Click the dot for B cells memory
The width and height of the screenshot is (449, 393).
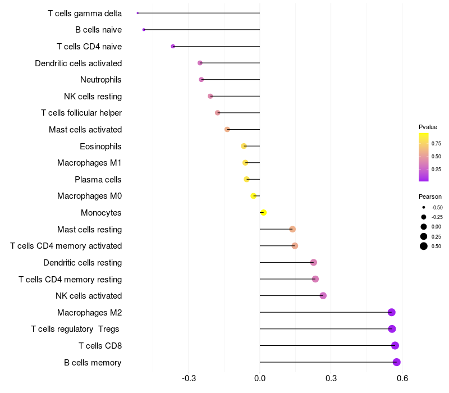pyautogui.click(x=397, y=362)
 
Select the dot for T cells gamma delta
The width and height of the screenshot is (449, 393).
pyautogui.click(x=138, y=13)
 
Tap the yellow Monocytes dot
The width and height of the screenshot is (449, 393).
pyautogui.click(x=264, y=212)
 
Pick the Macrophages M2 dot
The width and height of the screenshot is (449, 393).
pyautogui.click(x=392, y=312)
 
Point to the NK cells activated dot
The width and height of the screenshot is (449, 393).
pyautogui.click(x=323, y=295)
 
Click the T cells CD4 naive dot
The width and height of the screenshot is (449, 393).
pyautogui.click(x=173, y=46)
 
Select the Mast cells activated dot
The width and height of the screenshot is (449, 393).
pyautogui.click(x=227, y=129)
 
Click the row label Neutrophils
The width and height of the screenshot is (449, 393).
pyautogui.click(x=101, y=80)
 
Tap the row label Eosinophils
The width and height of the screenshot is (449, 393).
pyautogui.click(x=101, y=147)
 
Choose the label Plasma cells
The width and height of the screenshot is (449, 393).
pyautogui.click(x=98, y=180)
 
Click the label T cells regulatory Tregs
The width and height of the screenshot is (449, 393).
pyautogui.click(x=76, y=329)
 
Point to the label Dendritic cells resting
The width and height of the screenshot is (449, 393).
pyautogui.click(x=83, y=263)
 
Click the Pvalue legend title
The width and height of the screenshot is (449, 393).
pyautogui.click(x=428, y=127)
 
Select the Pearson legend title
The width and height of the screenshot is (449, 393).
pyautogui.click(x=430, y=196)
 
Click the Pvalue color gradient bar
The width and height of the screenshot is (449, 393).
pyautogui.click(x=424, y=157)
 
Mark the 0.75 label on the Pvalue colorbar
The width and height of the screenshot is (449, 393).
pyautogui.click(x=436, y=144)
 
